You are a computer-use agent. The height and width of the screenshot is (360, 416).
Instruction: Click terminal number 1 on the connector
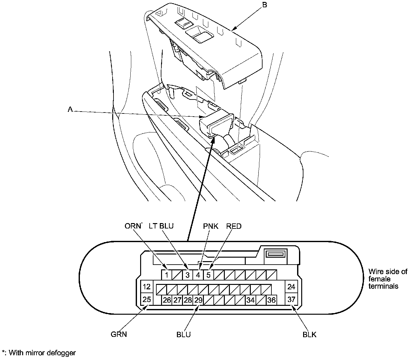pyautogui.click(x=166, y=275)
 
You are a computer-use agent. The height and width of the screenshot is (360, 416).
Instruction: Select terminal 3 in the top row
pyautogui.click(x=187, y=275)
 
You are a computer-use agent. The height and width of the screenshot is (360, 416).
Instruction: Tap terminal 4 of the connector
pyautogui.click(x=198, y=275)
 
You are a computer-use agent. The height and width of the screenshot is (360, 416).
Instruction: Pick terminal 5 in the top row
pyautogui.click(x=208, y=275)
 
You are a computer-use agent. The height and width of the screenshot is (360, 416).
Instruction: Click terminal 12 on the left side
pyautogui.click(x=146, y=287)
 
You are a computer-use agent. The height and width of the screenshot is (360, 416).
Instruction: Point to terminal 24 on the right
pyautogui.click(x=291, y=287)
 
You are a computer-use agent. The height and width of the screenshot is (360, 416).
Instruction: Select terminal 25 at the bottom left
pyautogui.click(x=146, y=299)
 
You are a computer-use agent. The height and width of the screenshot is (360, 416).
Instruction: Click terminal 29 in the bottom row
pyautogui.click(x=198, y=300)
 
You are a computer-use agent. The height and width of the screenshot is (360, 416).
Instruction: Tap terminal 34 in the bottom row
pyautogui.click(x=250, y=300)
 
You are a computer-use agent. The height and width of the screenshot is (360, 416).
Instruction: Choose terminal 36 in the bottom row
pyautogui.click(x=271, y=300)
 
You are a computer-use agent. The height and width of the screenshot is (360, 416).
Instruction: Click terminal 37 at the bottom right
pyautogui.click(x=291, y=299)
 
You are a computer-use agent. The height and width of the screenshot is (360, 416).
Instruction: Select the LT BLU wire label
pyautogui.click(x=161, y=226)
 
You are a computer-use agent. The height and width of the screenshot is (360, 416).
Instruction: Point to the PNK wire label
pyautogui.click(x=211, y=226)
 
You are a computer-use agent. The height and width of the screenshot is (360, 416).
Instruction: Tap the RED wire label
pyautogui.click(x=234, y=226)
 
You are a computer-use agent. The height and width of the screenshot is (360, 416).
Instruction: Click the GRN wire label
pyautogui.click(x=119, y=334)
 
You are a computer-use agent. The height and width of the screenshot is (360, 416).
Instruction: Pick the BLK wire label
pyautogui.click(x=309, y=334)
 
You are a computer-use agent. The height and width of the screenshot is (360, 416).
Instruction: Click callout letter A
pyautogui.click(x=70, y=109)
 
